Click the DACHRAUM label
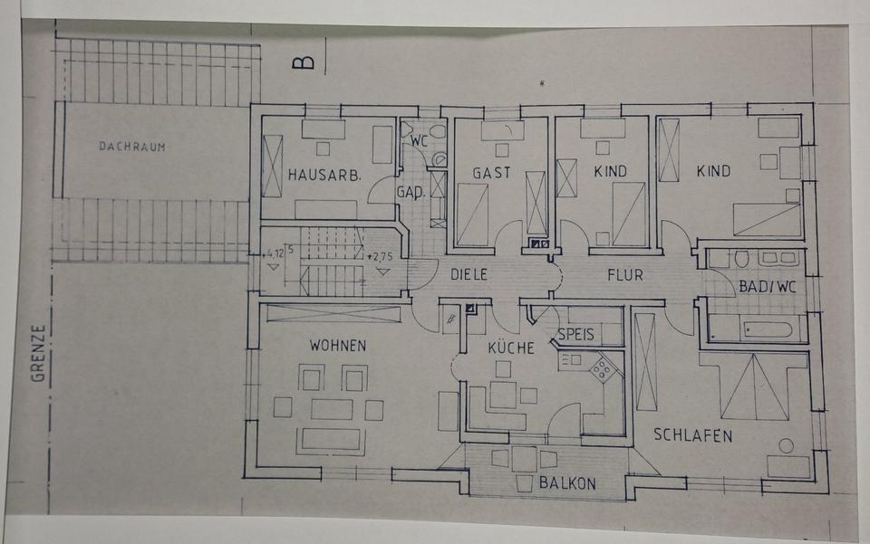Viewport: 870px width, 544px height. point(132,146)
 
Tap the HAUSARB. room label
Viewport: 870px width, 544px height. point(324,175)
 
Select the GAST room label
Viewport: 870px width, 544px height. point(491,172)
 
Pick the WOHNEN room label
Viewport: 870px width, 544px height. point(337,346)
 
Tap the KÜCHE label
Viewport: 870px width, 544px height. point(511,348)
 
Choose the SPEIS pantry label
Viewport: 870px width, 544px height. point(576,334)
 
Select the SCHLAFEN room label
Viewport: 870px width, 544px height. point(693,435)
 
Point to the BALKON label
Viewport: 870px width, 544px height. point(568,483)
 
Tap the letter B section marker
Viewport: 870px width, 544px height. point(304,62)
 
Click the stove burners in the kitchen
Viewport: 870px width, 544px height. point(602,367)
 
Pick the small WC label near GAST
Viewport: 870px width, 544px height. point(419,142)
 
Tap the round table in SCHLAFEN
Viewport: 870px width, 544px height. point(785,445)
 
